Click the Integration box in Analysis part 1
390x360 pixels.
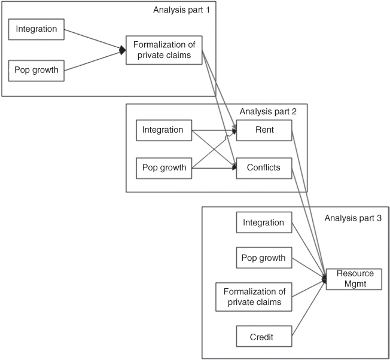(x=37, y=28)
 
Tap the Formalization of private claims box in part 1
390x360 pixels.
(x=164, y=50)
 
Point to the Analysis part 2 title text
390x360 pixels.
(x=273, y=111)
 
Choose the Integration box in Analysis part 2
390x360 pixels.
(x=164, y=130)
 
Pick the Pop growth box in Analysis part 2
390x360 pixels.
(x=164, y=168)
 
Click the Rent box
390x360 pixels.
(x=264, y=130)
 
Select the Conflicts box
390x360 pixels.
(x=264, y=168)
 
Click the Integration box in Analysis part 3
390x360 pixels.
(x=263, y=222)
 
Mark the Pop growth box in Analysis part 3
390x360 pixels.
(x=263, y=260)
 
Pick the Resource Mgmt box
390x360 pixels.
(x=353, y=279)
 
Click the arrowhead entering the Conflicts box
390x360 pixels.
(x=234, y=169)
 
